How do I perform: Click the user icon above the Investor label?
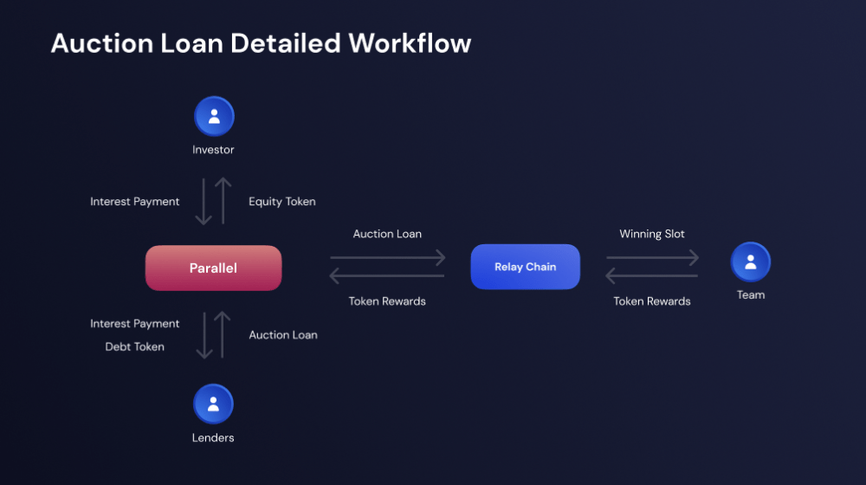click(x=214, y=117)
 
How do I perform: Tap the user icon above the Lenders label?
click(x=213, y=404)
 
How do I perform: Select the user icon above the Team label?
click(x=750, y=262)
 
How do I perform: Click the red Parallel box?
click(x=213, y=268)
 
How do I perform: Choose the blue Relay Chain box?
click(x=525, y=267)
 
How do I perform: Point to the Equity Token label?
click(x=282, y=202)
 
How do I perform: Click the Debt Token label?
click(x=135, y=346)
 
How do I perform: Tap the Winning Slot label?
click(x=652, y=234)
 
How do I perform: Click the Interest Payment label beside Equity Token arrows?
click(x=135, y=202)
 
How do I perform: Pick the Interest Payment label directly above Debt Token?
click(x=135, y=324)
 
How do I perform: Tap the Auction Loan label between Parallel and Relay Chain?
click(x=387, y=234)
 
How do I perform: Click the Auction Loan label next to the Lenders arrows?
click(x=283, y=335)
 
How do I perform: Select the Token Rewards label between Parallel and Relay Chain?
click(x=387, y=301)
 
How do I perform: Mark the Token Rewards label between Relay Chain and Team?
click(x=652, y=301)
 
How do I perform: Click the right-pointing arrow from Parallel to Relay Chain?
click(x=387, y=257)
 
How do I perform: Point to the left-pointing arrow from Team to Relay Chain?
click(x=652, y=276)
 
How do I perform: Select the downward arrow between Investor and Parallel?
click(x=204, y=202)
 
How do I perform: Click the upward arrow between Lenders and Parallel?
click(x=223, y=335)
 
